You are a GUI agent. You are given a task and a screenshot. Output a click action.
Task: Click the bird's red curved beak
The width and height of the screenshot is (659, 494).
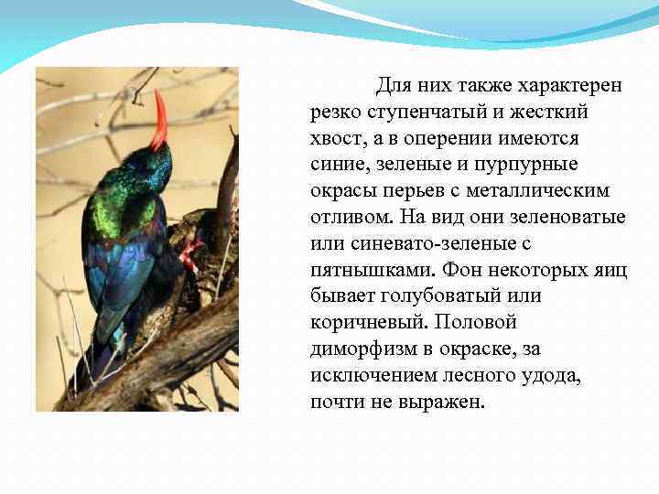(x=161, y=120)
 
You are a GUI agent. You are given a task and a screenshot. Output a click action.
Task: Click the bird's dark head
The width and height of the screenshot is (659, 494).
(x=151, y=165)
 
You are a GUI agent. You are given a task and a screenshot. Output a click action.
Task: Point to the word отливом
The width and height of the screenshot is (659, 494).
(x=347, y=219)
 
